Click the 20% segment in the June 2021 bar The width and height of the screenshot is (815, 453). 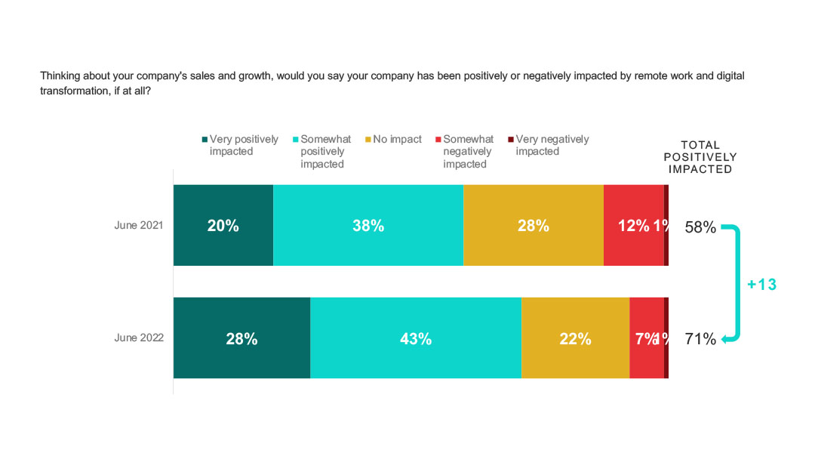click(223, 225)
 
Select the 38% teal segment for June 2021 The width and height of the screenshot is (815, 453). click(368, 225)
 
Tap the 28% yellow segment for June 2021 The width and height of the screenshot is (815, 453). click(533, 225)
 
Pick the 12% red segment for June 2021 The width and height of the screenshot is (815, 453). click(633, 225)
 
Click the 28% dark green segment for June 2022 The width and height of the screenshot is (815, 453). click(241, 338)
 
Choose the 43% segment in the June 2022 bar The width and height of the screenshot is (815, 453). click(415, 338)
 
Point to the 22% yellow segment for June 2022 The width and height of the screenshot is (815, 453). click(575, 338)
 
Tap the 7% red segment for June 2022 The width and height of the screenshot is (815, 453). click(646, 338)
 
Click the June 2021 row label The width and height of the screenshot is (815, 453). click(139, 225)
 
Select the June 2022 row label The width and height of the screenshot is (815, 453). click(139, 338)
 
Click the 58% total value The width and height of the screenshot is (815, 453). click(700, 226)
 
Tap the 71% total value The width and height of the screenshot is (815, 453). click(700, 339)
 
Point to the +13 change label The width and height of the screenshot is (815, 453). click(761, 285)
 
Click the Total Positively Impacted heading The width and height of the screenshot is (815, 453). click(700, 157)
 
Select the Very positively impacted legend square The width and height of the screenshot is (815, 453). click(204, 140)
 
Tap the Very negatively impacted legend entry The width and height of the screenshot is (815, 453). click(552, 145)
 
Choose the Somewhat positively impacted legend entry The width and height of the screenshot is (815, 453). click(325, 151)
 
